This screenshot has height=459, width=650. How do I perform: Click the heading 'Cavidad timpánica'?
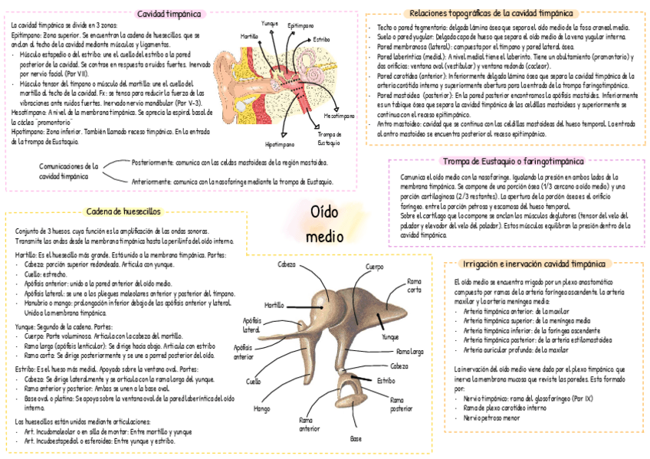click(x=169, y=14)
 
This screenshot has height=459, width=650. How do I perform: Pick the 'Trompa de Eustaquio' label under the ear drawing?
click(x=329, y=139)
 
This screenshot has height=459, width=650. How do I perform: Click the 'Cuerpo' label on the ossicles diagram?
click(x=375, y=267)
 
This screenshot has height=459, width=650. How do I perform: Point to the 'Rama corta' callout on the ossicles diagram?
click(x=414, y=285)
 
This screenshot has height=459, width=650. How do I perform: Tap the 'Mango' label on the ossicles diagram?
click(x=261, y=408)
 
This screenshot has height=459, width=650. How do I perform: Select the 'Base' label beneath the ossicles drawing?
click(x=356, y=439)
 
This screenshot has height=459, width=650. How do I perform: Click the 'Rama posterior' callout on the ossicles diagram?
click(x=401, y=404)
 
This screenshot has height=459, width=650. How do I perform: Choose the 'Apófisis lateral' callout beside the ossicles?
click(x=251, y=325)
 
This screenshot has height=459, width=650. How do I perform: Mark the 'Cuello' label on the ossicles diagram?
click(x=253, y=381)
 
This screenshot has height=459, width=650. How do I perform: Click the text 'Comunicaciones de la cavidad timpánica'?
click(x=69, y=170)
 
